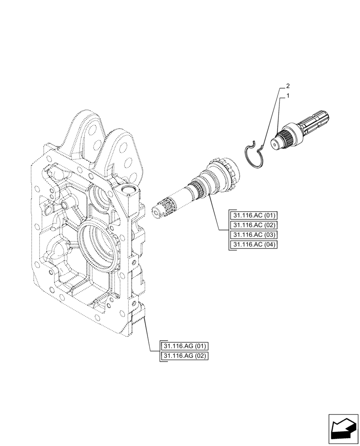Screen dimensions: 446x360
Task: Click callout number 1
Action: [x=289, y=96]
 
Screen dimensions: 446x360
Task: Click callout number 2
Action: [x=289, y=85]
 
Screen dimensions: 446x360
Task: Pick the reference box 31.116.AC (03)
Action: [x=254, y=235]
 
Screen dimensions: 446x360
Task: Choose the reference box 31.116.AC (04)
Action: [x=254, y=245]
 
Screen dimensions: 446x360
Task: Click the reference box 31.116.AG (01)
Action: [x=185, y=346]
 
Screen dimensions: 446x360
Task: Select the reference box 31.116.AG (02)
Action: [x=185, y=356]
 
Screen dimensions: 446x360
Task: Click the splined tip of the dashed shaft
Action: [x=163, y=209]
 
